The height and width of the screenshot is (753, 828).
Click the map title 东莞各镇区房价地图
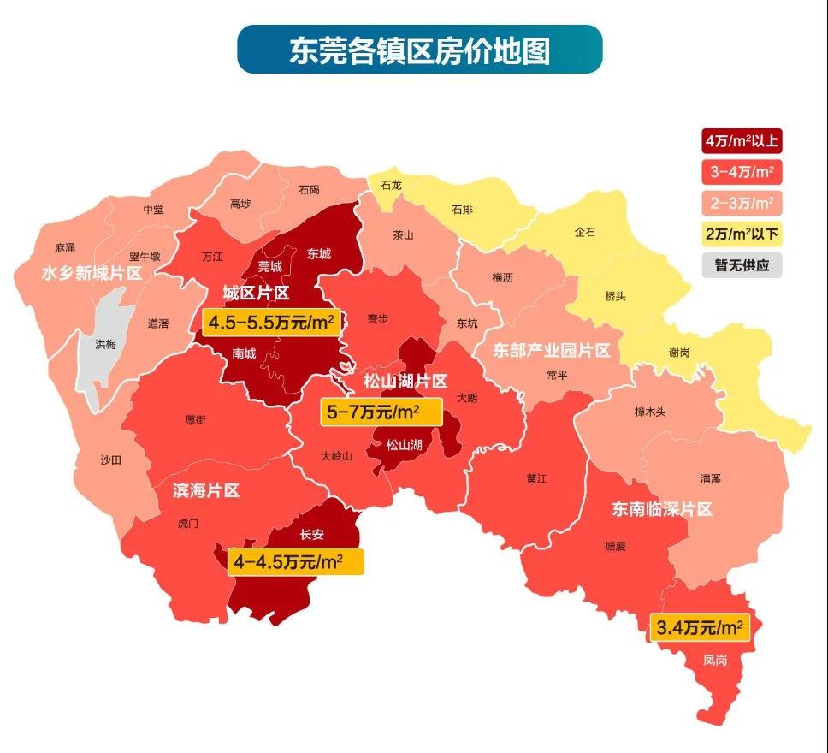tap(419, 50)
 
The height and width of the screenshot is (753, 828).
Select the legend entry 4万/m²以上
tap(742, 140)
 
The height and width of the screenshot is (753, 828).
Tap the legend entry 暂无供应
tap(742, 264)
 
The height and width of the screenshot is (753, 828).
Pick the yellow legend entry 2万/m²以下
tap(742, 234)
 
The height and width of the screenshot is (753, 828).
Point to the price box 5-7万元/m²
tap(380, 412)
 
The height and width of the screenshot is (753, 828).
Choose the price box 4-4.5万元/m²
tap(296, 562)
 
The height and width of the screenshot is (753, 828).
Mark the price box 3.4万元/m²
tap(700, 628)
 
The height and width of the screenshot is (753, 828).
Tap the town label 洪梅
tap(107, 344)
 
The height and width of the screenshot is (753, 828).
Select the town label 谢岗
tap(681, 351)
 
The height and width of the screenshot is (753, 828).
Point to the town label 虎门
tap(187, 523)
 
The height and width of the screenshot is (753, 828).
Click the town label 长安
tap(312, 535)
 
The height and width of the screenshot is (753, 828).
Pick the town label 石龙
tap(391, 184)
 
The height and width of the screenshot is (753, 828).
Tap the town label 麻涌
tap(65, 248)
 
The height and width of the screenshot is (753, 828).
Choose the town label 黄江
tap(538, 478)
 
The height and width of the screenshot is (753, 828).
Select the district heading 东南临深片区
tap(661, 509)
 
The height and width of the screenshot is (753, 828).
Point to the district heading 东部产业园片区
tap(552, 351)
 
